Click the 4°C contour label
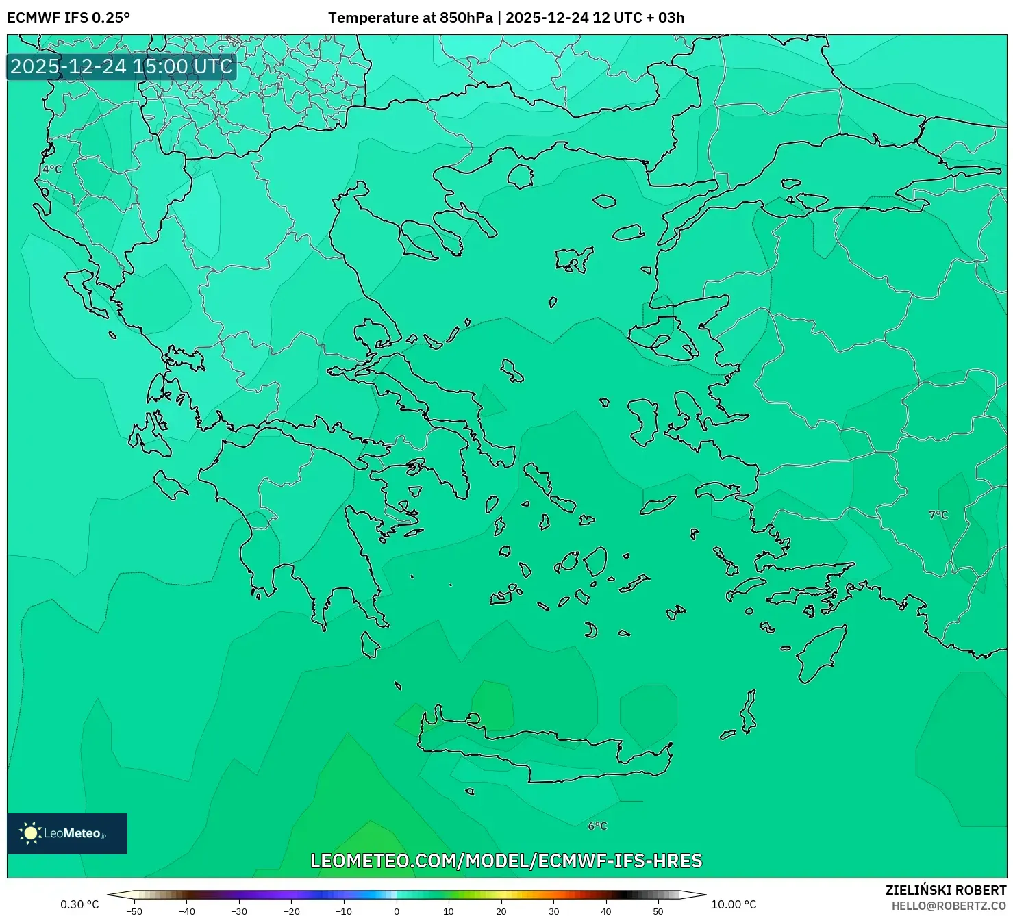point(52,169)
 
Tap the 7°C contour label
point(938,515)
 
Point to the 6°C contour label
point(597,826)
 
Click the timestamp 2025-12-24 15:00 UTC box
point(121,66)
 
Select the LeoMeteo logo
point(67,833)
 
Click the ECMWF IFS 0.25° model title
point(68,18)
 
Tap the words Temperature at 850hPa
point(410,18)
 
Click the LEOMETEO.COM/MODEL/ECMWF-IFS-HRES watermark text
point(506,861)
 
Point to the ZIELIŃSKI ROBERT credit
point(946,890)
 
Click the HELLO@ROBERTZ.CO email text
point(949,906)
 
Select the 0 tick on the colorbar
point(397,911)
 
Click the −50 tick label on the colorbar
point(134,911)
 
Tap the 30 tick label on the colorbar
point(553,911)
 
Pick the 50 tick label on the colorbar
point(658,911)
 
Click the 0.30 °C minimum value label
point(79,904)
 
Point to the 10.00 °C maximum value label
point(734,904)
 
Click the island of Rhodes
point(821,654)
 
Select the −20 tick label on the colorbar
point(291,911)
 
